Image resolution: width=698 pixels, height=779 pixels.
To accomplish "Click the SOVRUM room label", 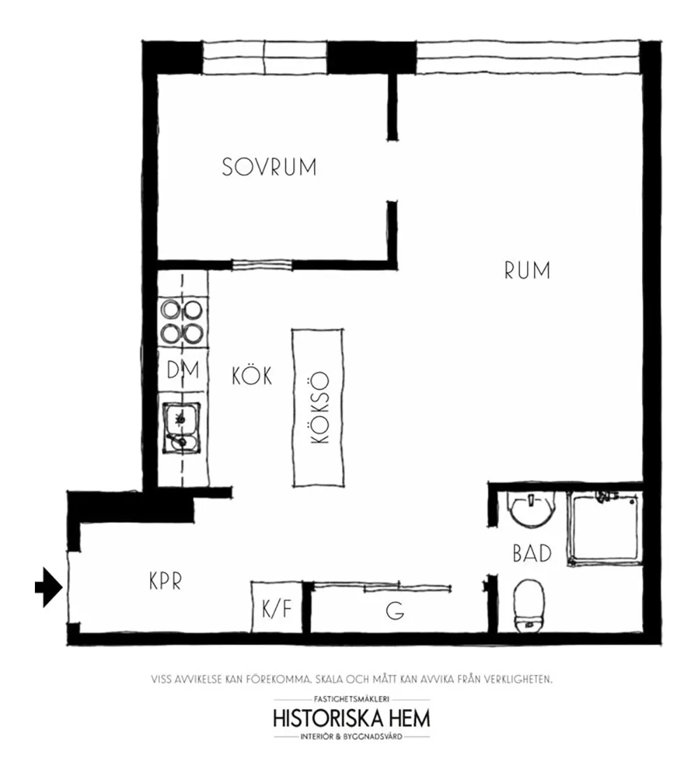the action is pyautogui.click(x=269, y=167).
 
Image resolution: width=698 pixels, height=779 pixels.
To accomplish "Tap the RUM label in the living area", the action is pyautogui.click(x=527, y=271).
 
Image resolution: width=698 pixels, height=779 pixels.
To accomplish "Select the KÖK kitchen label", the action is pyautogui.click(x=252, y=376).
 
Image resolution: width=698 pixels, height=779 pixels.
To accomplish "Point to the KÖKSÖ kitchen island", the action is pyautogui.click(x=318, y=408).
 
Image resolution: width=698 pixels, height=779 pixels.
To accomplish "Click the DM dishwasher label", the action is pyautogui.click(x=183, y=370).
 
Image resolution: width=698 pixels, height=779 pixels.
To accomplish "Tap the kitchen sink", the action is pyautogui.click(x=181, y=428).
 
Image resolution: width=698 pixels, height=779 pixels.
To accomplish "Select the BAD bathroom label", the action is pyautogui.click(x=532, y=553).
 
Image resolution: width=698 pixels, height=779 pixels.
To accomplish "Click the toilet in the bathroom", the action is pyautogui.click(x=529, y=607).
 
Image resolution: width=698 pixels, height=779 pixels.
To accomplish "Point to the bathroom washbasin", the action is pyautogui.click(x=532, y=510).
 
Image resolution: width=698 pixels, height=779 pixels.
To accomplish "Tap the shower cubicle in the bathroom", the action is pyautogui.click(x=604, y=528).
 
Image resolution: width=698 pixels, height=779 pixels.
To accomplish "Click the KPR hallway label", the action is pyautogui.click(x=165, y=581).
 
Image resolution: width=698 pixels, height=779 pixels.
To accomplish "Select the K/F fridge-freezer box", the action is pyautogui.click(x=276, y=607).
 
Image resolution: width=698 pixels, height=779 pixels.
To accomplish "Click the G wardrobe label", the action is pyautogui.click(x=395, y=611).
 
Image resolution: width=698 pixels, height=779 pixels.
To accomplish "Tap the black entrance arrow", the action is pyautogui.click(x=48, y=587).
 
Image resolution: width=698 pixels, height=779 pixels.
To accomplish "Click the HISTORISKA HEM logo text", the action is pyautogui.click(x=352, y=718).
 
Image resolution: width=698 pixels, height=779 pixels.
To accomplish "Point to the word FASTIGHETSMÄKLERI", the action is pyautogui.click(x=352, y=699).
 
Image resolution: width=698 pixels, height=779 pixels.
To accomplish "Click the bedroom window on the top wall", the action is pyautogui.click(x=265, y=57).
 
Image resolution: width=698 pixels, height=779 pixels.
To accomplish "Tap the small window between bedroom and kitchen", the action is pyautogui.click(x=262, y=265).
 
